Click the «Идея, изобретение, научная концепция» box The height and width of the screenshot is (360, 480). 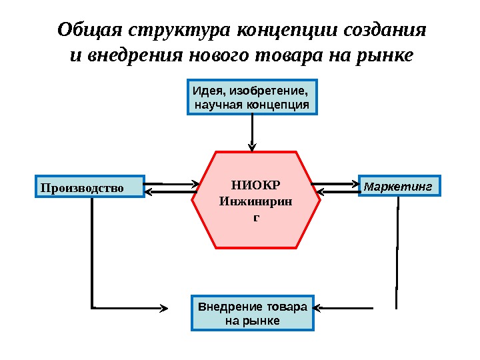[251, 97]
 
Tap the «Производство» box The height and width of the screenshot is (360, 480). [89, 187]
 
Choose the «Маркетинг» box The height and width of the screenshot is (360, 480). [400, 186]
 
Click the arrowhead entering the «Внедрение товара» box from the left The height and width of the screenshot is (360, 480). [185, 308]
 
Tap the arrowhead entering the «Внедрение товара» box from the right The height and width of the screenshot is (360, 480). [319, 308]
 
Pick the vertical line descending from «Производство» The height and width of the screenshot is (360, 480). [92, 253]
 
